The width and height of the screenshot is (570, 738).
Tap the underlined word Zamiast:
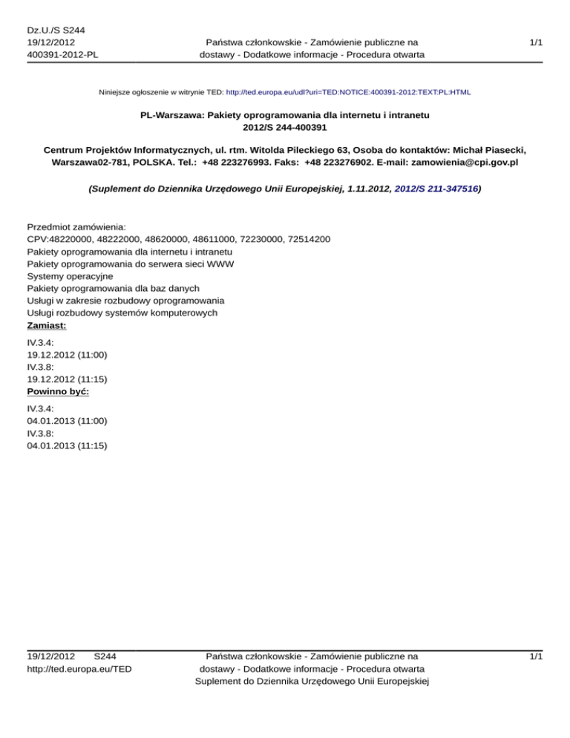[47, 324]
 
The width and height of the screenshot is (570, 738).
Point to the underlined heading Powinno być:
[58, 391]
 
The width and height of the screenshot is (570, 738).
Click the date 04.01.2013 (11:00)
[67, 419]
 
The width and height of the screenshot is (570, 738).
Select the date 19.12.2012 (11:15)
[67, 378]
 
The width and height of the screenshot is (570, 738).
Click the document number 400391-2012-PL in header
[62, 54]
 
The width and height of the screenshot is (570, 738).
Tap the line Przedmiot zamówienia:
[76, 226]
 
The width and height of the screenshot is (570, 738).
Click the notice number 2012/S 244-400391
[285, 128]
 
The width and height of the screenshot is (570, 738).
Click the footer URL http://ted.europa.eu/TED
[79, 670]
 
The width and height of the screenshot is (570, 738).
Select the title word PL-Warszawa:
[174, 116]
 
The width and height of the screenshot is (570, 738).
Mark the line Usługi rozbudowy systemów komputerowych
[122, 313]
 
